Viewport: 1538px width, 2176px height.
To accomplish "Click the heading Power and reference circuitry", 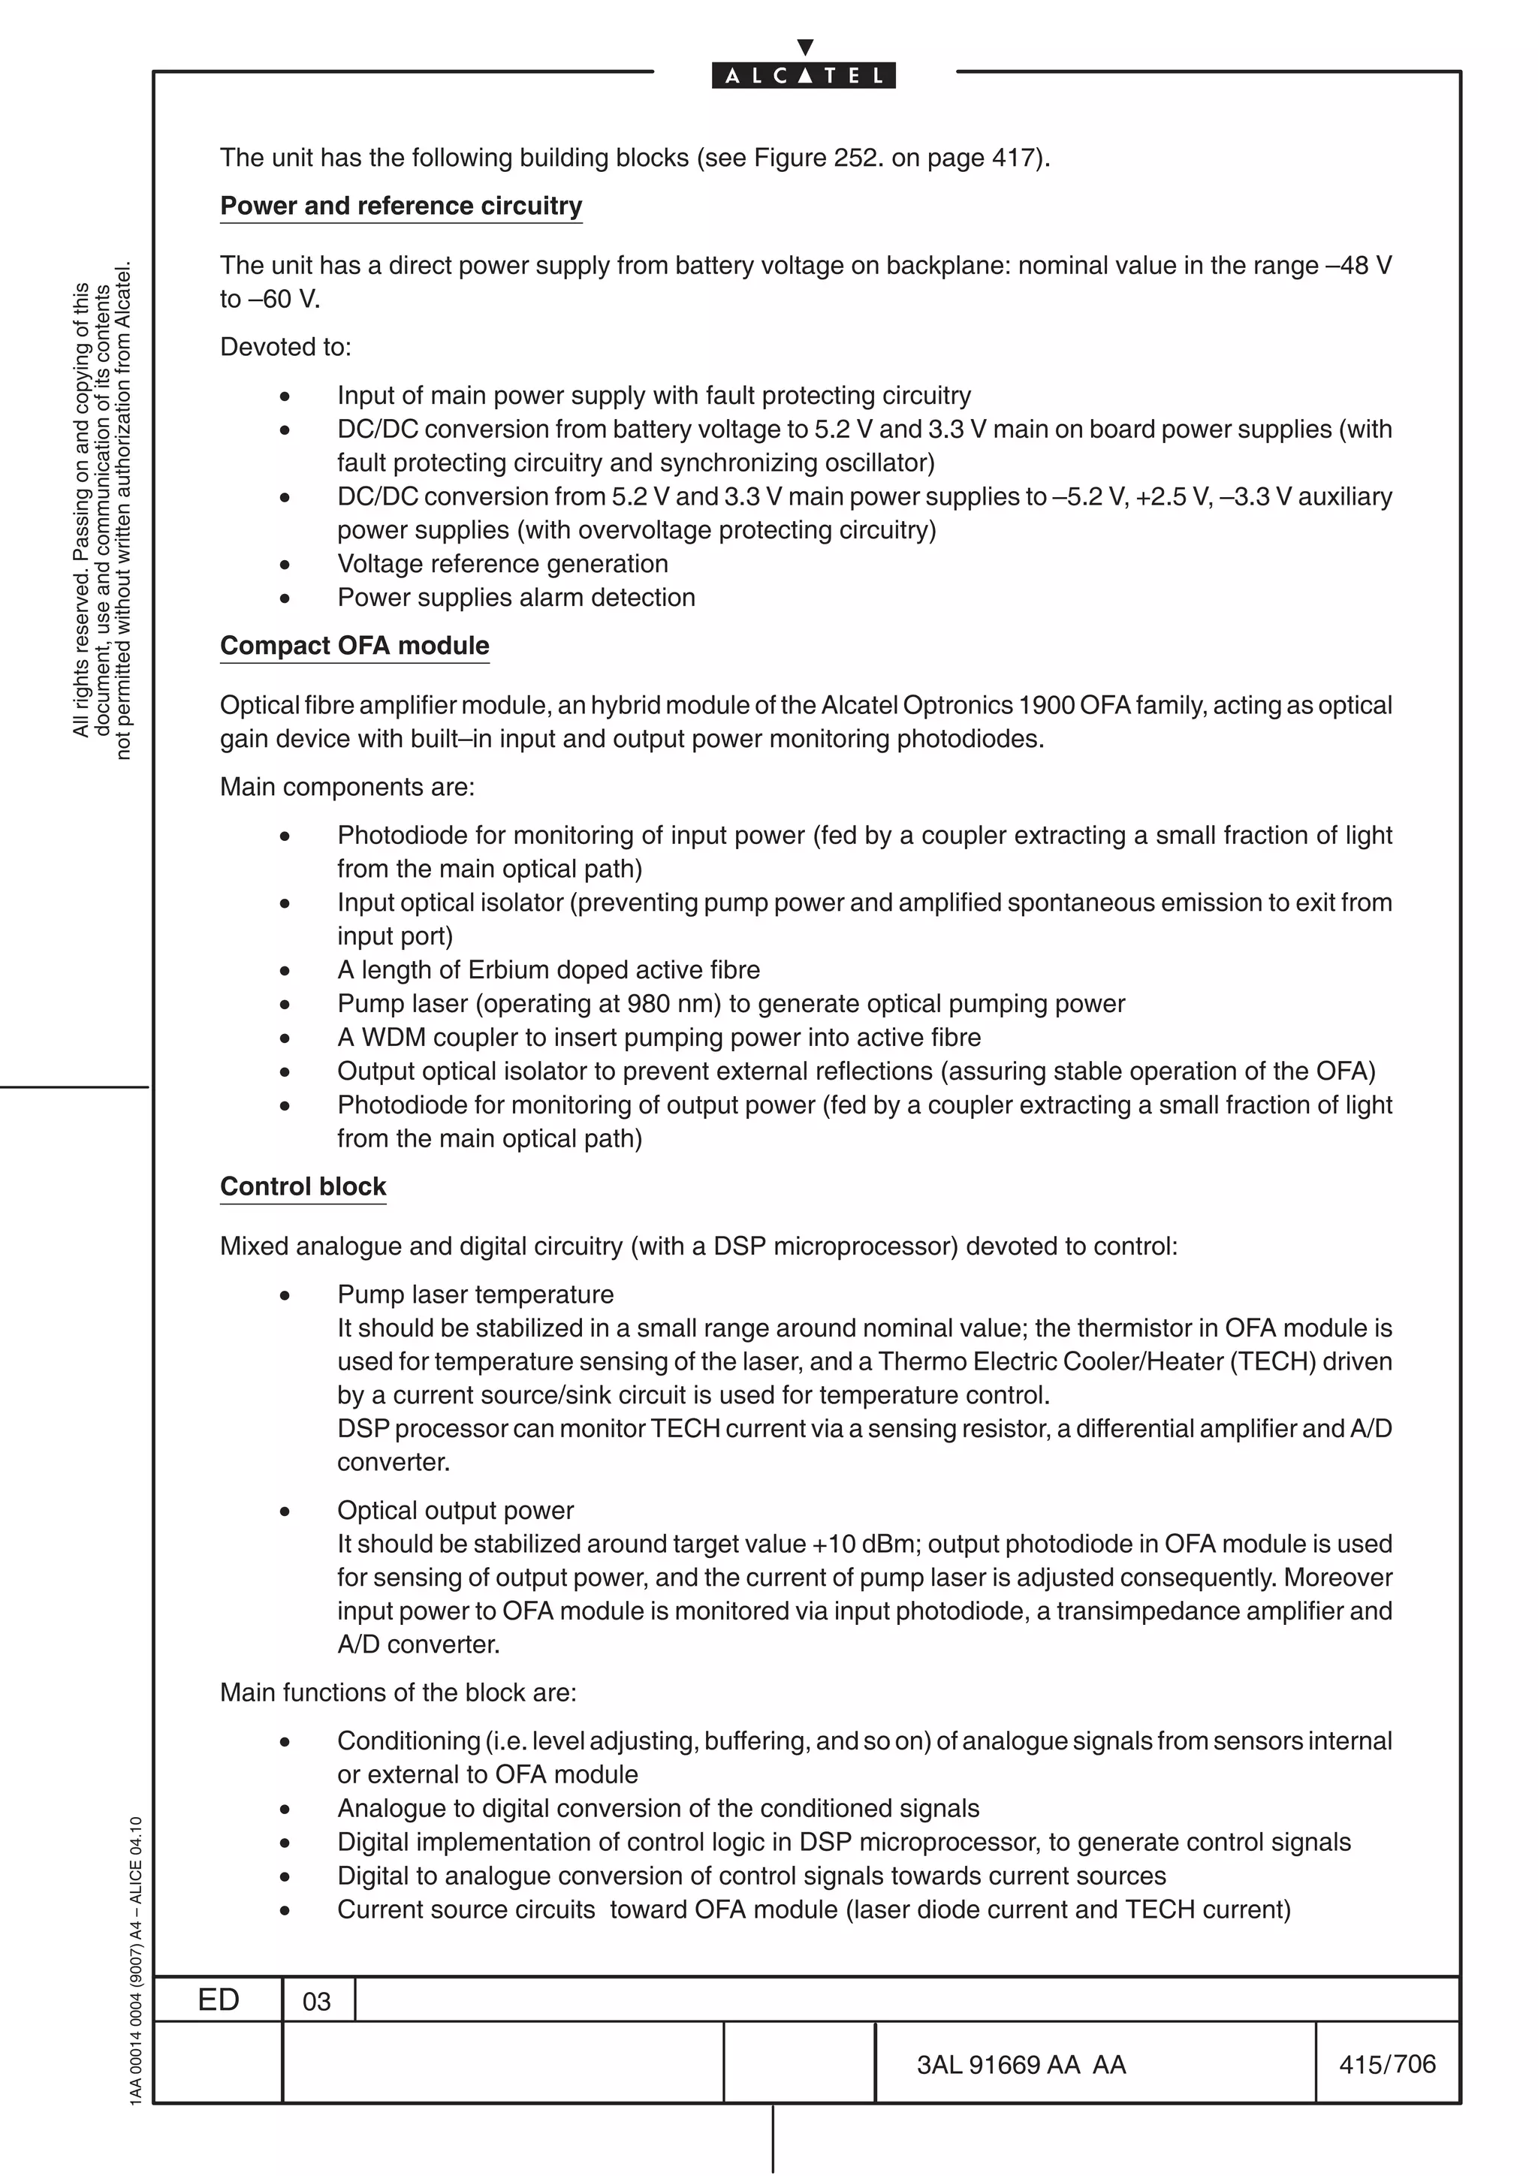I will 401,206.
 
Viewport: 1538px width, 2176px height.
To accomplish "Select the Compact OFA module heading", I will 354,646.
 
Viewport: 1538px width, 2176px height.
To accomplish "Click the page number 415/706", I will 1386,2064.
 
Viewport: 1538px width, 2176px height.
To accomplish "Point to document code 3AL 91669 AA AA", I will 1021,2065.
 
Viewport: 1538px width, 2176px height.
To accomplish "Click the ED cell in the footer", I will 218,2000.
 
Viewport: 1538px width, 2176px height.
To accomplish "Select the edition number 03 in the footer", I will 316,2002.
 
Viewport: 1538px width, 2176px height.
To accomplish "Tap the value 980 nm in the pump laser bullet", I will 674,1004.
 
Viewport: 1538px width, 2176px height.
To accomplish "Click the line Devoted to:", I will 285,347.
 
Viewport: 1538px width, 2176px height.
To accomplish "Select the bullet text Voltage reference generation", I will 502,564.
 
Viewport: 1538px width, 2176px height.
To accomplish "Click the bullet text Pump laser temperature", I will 475,1294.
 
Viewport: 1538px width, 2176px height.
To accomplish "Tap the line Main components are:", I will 347,787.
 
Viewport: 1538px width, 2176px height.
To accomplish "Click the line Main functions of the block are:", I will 398,1692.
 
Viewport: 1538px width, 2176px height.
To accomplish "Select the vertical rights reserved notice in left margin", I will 101,512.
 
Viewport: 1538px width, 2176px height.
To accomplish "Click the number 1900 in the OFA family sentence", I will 1046,705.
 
